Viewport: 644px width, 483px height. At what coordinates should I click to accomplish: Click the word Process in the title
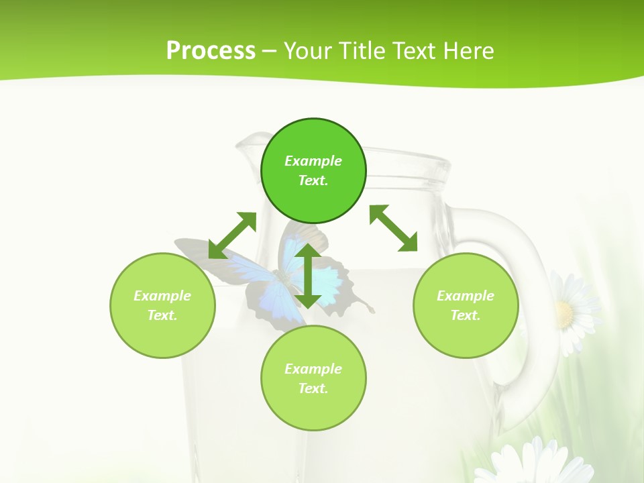pyautogui.click(x=211, y=51)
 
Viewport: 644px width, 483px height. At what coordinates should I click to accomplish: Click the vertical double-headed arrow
pyautogui.click(x=308, y=276)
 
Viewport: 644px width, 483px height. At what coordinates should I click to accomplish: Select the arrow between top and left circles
pyautogui.click(x=233, y=235)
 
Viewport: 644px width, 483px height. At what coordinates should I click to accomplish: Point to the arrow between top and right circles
pyautogui.click(x=393, y=228)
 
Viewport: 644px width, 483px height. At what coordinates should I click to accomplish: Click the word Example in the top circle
pyautogui.click(x=313, y=161)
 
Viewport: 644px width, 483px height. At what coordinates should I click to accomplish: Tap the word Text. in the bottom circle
pyautogui.click(x=313, y=388)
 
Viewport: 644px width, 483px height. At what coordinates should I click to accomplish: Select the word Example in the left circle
pyautogui.click(x=162, y=296)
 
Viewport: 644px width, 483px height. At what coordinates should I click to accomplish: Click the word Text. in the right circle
pyautogui.click(x=466, y=315)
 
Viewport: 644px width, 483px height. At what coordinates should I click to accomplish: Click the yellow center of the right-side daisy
pyautogui.click(x=563, y=313)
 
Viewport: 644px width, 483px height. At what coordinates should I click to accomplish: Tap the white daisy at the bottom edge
pyautogui.click(x=523, y=463)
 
